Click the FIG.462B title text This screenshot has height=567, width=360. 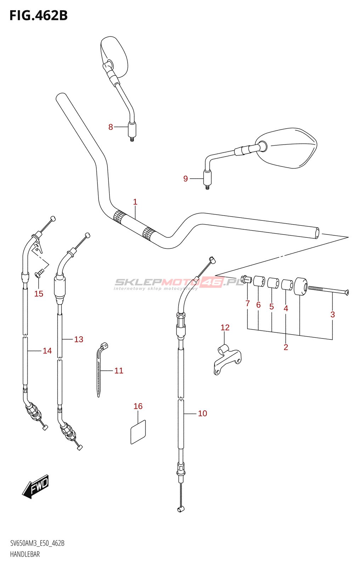click(39, 16)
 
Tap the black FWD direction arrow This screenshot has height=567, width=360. click(35, 486)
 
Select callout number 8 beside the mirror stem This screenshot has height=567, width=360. click(111, 127)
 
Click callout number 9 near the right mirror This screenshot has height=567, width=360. click(186, 179)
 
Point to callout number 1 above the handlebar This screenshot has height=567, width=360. click(135, 202)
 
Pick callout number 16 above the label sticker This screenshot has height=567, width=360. click(138, 406)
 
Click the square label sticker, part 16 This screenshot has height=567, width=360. click(138, 432)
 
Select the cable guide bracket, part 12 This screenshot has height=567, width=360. click(227, 359)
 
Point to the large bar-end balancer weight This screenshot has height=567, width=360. click(301, 286)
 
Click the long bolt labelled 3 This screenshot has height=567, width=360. click(328, 290)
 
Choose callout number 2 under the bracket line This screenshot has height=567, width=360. click(286, 347)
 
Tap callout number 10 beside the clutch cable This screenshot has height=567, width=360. click(202, 413)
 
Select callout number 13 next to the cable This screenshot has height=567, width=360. click(78, 339)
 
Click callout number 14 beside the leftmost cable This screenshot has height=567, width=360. click(47, 350)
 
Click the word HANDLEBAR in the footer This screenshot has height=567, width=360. click(25, 554)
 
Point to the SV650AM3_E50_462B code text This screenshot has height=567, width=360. click(37, 543)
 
